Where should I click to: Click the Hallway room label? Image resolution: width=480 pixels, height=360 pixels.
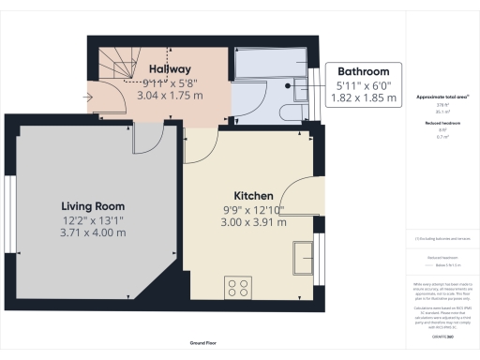click(x=170, y=69)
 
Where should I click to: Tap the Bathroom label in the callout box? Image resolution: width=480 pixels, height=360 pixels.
click(x=364, y=71)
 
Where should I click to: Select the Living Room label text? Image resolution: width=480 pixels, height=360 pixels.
click(x=93, y=206)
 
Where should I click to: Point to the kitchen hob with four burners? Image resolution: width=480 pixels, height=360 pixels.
click(x=238, y=287)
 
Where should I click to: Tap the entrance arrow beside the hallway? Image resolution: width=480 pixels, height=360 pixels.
click(x=88, y=96)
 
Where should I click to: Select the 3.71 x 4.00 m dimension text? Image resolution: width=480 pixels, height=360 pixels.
click(x=93, y=232)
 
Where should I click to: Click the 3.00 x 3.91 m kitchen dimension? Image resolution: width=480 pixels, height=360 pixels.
click(x=253, y=223)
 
